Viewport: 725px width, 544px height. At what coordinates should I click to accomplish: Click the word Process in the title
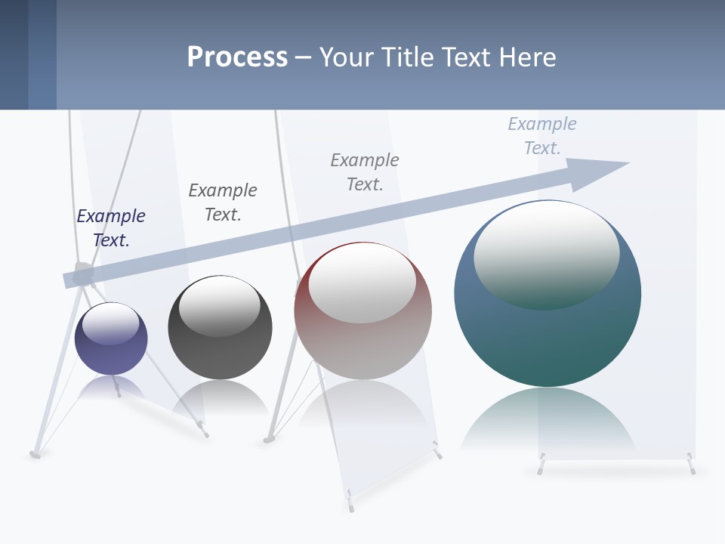pyautogui.click(x=237, y=57)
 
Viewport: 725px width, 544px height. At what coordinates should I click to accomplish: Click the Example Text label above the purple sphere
pyautogui.click(x=111, y=228)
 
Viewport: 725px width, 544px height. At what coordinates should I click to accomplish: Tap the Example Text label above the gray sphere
pyautogui.click(x=223, y=202)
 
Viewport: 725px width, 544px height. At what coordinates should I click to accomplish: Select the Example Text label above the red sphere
pyautogui.click(x=365, y=172)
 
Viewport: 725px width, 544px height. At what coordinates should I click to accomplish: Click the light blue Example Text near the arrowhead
pyautogui.click(x=542, y=136)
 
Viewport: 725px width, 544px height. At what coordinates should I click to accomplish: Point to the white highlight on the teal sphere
pyautogui.click(x=547, y=253)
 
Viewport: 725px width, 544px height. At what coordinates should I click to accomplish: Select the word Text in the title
pyautogui.click(x=464, y=57)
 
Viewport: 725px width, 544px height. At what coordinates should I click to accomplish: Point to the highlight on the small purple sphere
pyautogui.click(x=111, y=323)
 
